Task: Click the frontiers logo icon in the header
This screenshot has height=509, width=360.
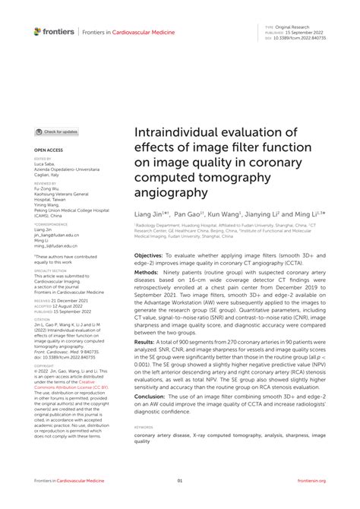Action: pyautogui.click(x=38, y=32)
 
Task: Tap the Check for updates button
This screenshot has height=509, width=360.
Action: pyautogui.click(x=57, y=131)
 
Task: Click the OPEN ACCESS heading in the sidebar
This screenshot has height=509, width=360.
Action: pyautogui.click(x=49, y=150)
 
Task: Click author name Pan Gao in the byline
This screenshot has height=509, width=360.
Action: pyautogui.click(x=191, y=215)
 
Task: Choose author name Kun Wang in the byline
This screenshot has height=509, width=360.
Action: pyautogui.click(x=226, y=215)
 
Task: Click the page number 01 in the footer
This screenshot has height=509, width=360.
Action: pyautogui.click(x=180, y=481)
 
